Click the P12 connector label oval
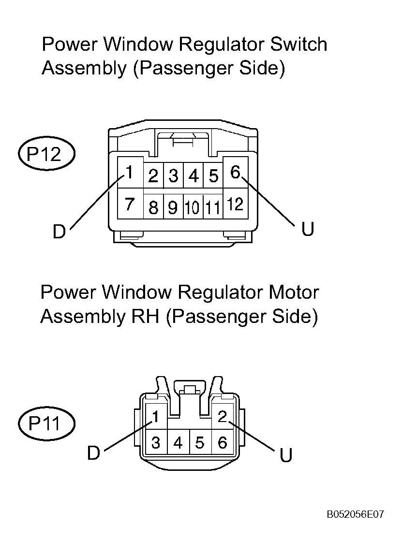46,154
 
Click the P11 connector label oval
46,423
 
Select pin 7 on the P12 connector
130,204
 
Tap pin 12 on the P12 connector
236,204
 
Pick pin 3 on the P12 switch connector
173,175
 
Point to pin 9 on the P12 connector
173,207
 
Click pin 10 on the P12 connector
193,207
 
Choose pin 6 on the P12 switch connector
236,173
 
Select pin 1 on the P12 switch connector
130,173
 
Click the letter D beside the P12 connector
60,232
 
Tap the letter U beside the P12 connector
308,229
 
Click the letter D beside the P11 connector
94,453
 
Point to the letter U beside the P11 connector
286,455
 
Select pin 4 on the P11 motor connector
178,442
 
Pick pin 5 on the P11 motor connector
200,442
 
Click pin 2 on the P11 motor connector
223,416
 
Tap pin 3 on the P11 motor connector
156,442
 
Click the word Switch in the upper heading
298,44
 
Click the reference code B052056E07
356,514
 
